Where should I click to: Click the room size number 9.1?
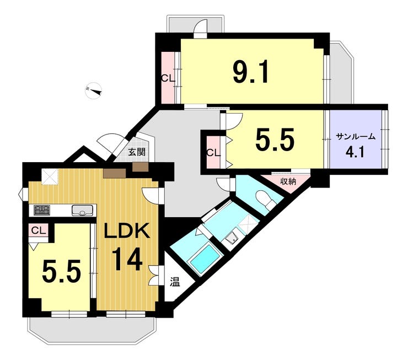point(250,73)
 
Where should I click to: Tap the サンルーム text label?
point(356,137)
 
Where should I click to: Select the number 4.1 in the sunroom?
point(355,152)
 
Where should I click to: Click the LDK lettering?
point(127,230)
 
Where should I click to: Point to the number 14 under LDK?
point(127,259)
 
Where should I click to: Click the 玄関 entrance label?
point(137,152)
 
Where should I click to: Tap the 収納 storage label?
point(288,181)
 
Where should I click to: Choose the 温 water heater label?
point(175,282)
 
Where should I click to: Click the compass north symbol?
point(94,90)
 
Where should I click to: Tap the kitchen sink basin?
point(82,210)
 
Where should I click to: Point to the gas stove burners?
point(42,210)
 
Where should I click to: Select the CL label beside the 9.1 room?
point(168,78)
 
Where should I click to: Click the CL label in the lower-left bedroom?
point(39,230)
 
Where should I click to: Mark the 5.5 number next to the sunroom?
point(275,139)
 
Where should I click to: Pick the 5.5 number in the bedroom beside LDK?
point(61,272)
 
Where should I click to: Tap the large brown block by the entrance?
point(115,173)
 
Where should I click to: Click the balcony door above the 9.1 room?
point(200,28)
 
